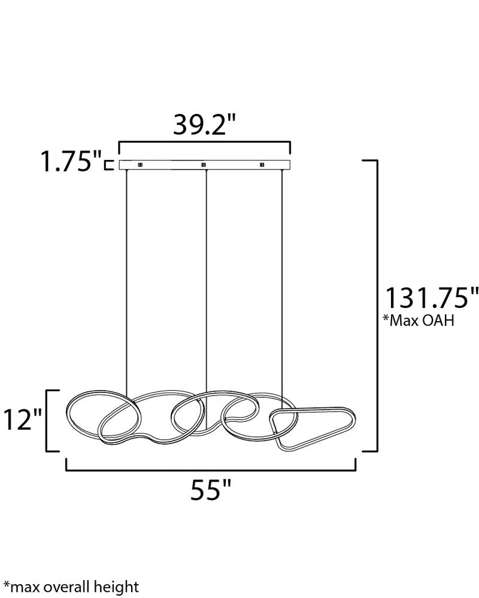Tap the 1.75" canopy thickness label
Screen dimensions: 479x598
[x=71, y=161]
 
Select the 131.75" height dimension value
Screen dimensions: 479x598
[x=432, y=298]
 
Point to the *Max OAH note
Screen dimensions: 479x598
[x=419, y=321]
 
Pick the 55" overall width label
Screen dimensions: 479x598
[x=211, y=490]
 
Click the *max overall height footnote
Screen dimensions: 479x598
[x=71, y=587]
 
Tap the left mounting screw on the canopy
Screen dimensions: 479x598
[x=140, y=165]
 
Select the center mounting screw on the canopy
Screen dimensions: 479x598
[x=204, y=165]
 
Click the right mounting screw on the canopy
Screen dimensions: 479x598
[x=262, y=165]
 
